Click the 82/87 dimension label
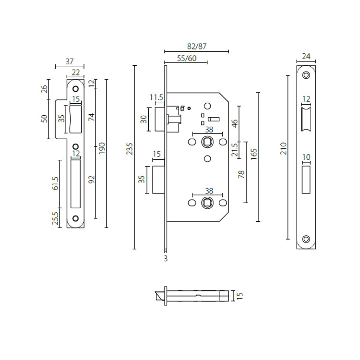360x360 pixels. [x=196, y=47]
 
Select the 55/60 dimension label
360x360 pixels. [x=186, y=59]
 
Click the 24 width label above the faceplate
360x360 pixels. [x=306, y=56]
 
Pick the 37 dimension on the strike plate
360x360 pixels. [x=70, y=61]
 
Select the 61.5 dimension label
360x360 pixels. [x=56, y=183]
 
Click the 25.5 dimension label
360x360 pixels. [x=56, y=219]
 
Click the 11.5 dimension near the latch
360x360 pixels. [x=156, y=97]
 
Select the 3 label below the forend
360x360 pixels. [x=166, y=259]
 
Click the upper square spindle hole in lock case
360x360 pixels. [x=207, y=142]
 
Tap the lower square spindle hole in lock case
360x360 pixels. [x=207, y=203]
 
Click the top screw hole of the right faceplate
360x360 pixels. [x=306, y=75]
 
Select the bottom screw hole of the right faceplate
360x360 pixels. [x=306, y=239]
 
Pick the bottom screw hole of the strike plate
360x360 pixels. [x=75, y=219]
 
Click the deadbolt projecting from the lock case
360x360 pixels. [x=158, y=180]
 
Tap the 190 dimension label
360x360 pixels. [x=102, y=149]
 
